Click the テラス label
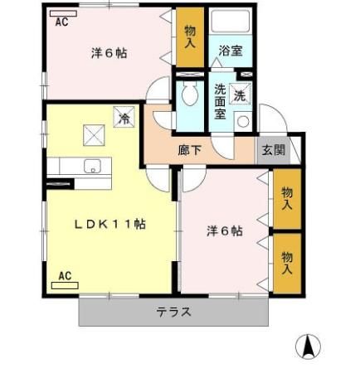174,312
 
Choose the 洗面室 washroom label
221,102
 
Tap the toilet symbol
188,93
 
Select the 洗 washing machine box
241,94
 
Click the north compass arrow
309,345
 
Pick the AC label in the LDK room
66,277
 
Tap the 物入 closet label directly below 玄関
287,197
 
